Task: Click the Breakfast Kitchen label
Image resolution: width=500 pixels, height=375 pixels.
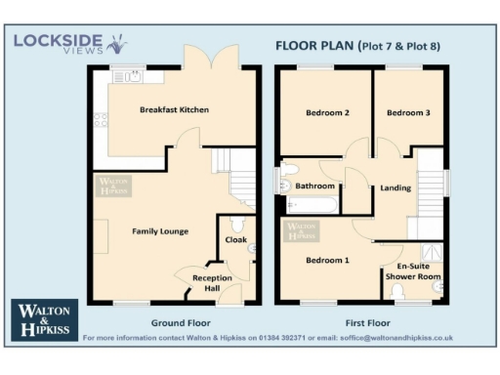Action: point(174,108)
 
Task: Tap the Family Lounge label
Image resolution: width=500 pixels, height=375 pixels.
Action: point(160,230)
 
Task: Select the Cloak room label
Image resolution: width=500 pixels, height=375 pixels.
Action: point(236,239)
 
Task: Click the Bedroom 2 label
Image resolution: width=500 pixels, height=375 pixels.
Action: point(327,113)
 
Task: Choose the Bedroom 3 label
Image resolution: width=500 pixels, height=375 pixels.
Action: point(407,113)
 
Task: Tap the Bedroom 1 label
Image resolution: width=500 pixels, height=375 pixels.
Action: point(327,260)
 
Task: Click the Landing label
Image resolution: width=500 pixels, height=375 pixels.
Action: point(396,187)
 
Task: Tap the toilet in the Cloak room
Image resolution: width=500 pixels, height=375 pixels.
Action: point(251,250)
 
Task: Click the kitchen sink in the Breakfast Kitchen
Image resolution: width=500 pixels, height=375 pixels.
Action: point(128,74)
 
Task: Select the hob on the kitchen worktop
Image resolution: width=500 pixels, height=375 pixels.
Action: point(99,121)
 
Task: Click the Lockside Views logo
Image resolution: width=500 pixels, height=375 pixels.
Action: point(68,44)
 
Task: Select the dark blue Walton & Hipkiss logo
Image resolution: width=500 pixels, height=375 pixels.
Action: point(44,318)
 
